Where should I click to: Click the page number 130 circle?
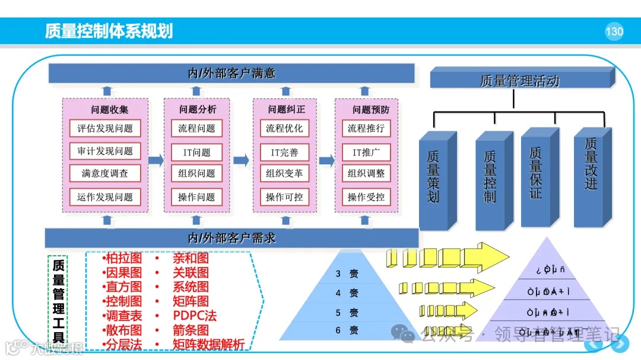(614, 31)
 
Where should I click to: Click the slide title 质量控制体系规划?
(109, 31)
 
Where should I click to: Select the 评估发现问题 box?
(105, 128)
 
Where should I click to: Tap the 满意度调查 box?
(105, 174)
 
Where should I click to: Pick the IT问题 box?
(196, 152)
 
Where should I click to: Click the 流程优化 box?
(284, 128)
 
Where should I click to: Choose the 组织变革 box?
(284, 174)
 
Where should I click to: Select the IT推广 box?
(366, 152)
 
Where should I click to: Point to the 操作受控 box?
(366, 197)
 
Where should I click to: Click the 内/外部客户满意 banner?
(231, 74)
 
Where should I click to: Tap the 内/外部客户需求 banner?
(231, 238)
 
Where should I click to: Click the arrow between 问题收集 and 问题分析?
(156, 160)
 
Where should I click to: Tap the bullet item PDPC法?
(195, 315)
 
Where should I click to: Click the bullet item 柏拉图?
(124, 258)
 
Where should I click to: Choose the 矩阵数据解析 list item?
(208, 344)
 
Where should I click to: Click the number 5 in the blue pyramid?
(338, 313)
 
